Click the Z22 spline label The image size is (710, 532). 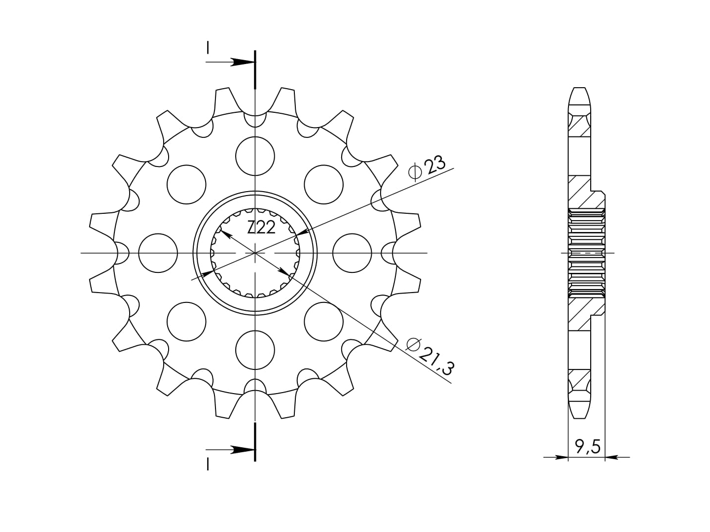point(261,228)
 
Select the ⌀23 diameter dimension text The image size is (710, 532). point(427,168)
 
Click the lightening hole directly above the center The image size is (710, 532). point(255,156)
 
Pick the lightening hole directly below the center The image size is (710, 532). point(255,350)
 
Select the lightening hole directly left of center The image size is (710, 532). point(158,253)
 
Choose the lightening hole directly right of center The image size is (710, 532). point(352,253)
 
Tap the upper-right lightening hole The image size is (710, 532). point(323,184)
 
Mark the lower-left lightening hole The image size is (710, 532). point(186,321)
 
